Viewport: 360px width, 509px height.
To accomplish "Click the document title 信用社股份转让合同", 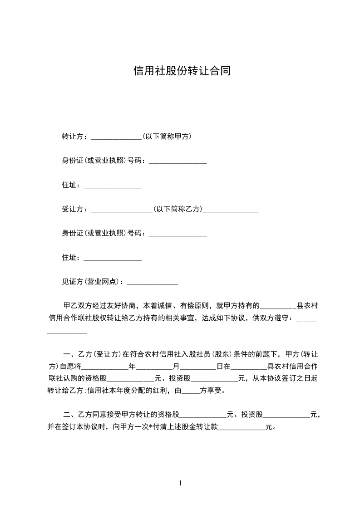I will pyautogui.click(x=182, y=71).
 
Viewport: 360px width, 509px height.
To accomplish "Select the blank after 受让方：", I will pyautogui.click(x=122, y=210).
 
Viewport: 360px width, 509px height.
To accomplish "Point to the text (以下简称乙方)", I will pyautogui.click(x=178, y=209).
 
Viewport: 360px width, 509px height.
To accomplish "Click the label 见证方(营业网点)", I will pyautogui.click(x=92, y=282).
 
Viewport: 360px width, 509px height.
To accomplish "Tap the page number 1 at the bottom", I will pyautogui.click(x=180, y=483).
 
